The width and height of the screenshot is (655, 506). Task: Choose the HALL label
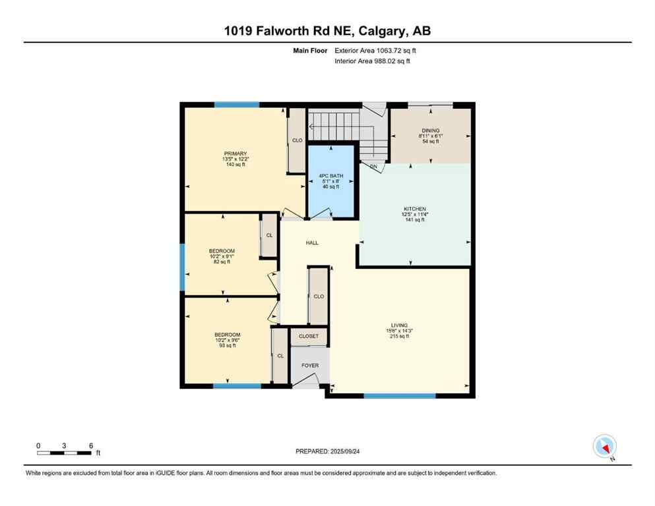point(312,242)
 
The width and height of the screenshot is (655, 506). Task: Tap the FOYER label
point(310,366)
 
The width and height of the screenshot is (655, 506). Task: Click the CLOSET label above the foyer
point(309,336)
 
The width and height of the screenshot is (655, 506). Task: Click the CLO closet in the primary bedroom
point(297,140)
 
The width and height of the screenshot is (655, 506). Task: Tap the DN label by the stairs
point(373,167)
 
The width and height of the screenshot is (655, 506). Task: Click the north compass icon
point(605,447)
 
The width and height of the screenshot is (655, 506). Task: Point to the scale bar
point(64,452)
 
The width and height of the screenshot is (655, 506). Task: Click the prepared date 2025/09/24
point(327,451)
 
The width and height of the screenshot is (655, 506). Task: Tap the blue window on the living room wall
point(400,396)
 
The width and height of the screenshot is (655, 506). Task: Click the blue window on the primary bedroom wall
point(236,105)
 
